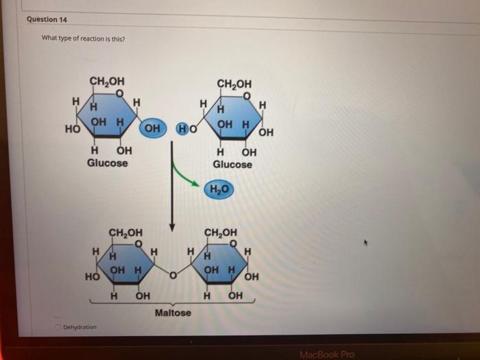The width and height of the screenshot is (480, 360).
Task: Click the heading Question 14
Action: [42, 19]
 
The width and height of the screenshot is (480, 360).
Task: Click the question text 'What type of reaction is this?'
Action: [83, 38]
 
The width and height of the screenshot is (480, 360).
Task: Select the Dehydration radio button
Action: [59, 327]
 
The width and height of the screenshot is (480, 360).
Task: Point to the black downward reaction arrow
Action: [172, 199]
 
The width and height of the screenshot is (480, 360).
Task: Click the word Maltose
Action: [173, 313]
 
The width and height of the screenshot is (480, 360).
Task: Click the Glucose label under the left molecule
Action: [107, 163]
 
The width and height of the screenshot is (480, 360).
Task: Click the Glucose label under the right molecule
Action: [232, 165]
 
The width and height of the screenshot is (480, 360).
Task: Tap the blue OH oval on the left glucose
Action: [153, 128]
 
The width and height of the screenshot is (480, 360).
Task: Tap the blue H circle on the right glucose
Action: [182, 128]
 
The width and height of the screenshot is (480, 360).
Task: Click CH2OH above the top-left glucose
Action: [107, 82]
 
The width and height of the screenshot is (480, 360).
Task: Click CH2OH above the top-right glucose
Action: [234, 84]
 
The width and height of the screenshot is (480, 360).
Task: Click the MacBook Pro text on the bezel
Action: [326, 354]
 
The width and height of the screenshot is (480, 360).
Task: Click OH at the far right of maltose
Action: [252, 277]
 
